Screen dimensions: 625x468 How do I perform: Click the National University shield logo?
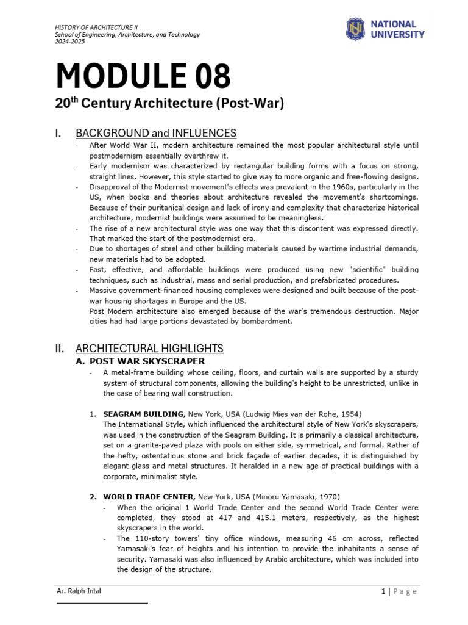click(355, 29)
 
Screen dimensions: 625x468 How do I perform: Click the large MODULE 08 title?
click(143, 76)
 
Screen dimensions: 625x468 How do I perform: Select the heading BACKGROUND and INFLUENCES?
click(156, 133)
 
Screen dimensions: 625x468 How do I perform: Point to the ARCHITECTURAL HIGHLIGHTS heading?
click(149, 349)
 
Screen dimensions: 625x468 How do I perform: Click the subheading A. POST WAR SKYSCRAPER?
click(140, 361)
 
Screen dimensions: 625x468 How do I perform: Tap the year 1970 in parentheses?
click(328, 497)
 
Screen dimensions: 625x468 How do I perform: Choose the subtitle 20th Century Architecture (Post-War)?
click(170, 104)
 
